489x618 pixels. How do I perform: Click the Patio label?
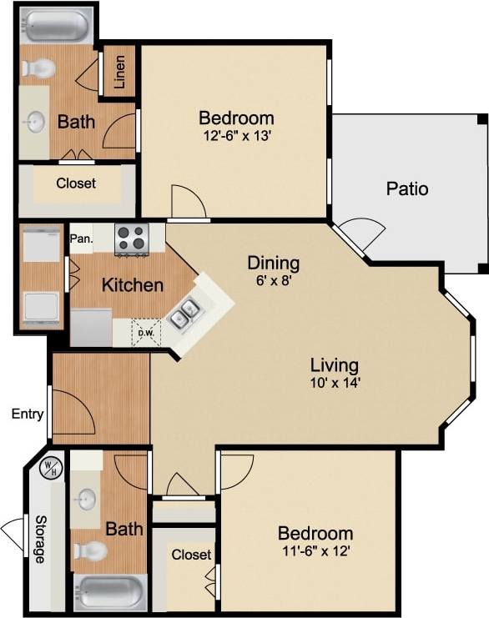[407, 188]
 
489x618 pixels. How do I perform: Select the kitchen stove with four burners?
[131, 239]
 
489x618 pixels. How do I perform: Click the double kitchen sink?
[185, 314]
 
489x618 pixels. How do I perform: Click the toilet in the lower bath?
[89, 550]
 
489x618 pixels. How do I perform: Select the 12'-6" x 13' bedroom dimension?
[236, 136]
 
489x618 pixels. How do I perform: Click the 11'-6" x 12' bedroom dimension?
[315, 551]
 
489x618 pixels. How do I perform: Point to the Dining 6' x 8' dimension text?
[273, 282]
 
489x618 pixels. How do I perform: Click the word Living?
[334, 364]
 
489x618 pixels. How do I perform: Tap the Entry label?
[27, 414]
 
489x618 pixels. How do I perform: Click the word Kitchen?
[133, 285]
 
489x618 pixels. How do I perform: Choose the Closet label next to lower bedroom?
[191, 555]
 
